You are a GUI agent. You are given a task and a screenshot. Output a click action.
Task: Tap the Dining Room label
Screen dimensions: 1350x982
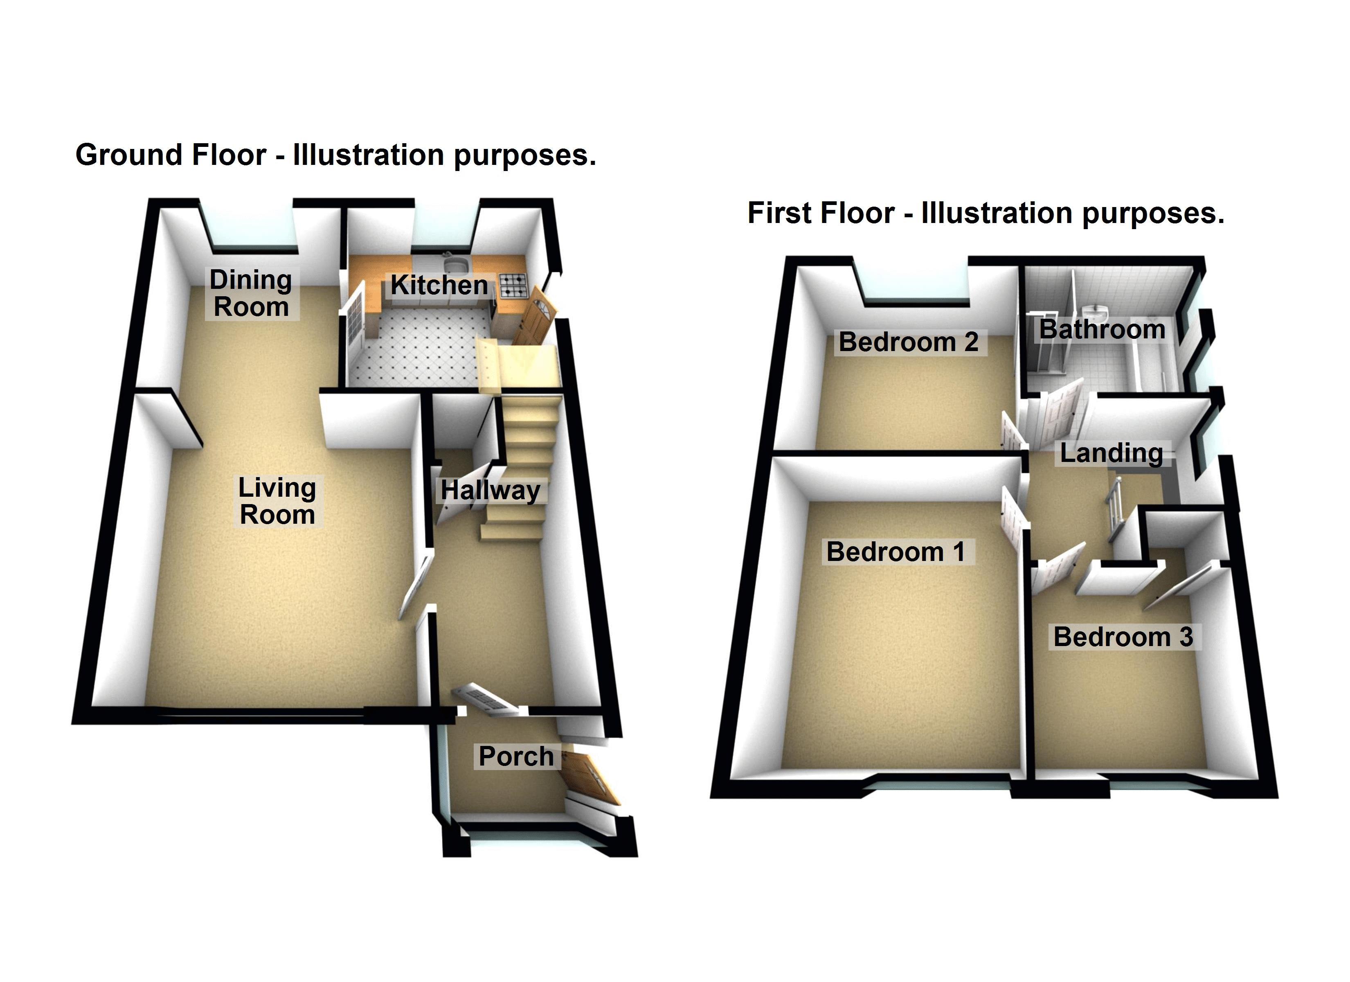[x=251, y=294]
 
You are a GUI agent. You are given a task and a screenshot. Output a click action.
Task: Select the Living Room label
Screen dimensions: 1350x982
[x=277, y=501]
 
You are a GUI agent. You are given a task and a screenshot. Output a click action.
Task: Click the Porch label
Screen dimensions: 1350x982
[x=516, y=756]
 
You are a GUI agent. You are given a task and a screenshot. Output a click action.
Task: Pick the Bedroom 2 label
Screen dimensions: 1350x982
[x=908, y=342]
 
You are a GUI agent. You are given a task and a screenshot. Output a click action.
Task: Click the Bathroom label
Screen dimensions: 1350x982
[x=1102, y=329]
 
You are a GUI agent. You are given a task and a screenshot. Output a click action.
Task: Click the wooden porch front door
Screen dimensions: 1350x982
[x=589, y=781]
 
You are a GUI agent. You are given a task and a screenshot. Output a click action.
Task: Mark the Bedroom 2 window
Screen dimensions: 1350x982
[x=911, y=286]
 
